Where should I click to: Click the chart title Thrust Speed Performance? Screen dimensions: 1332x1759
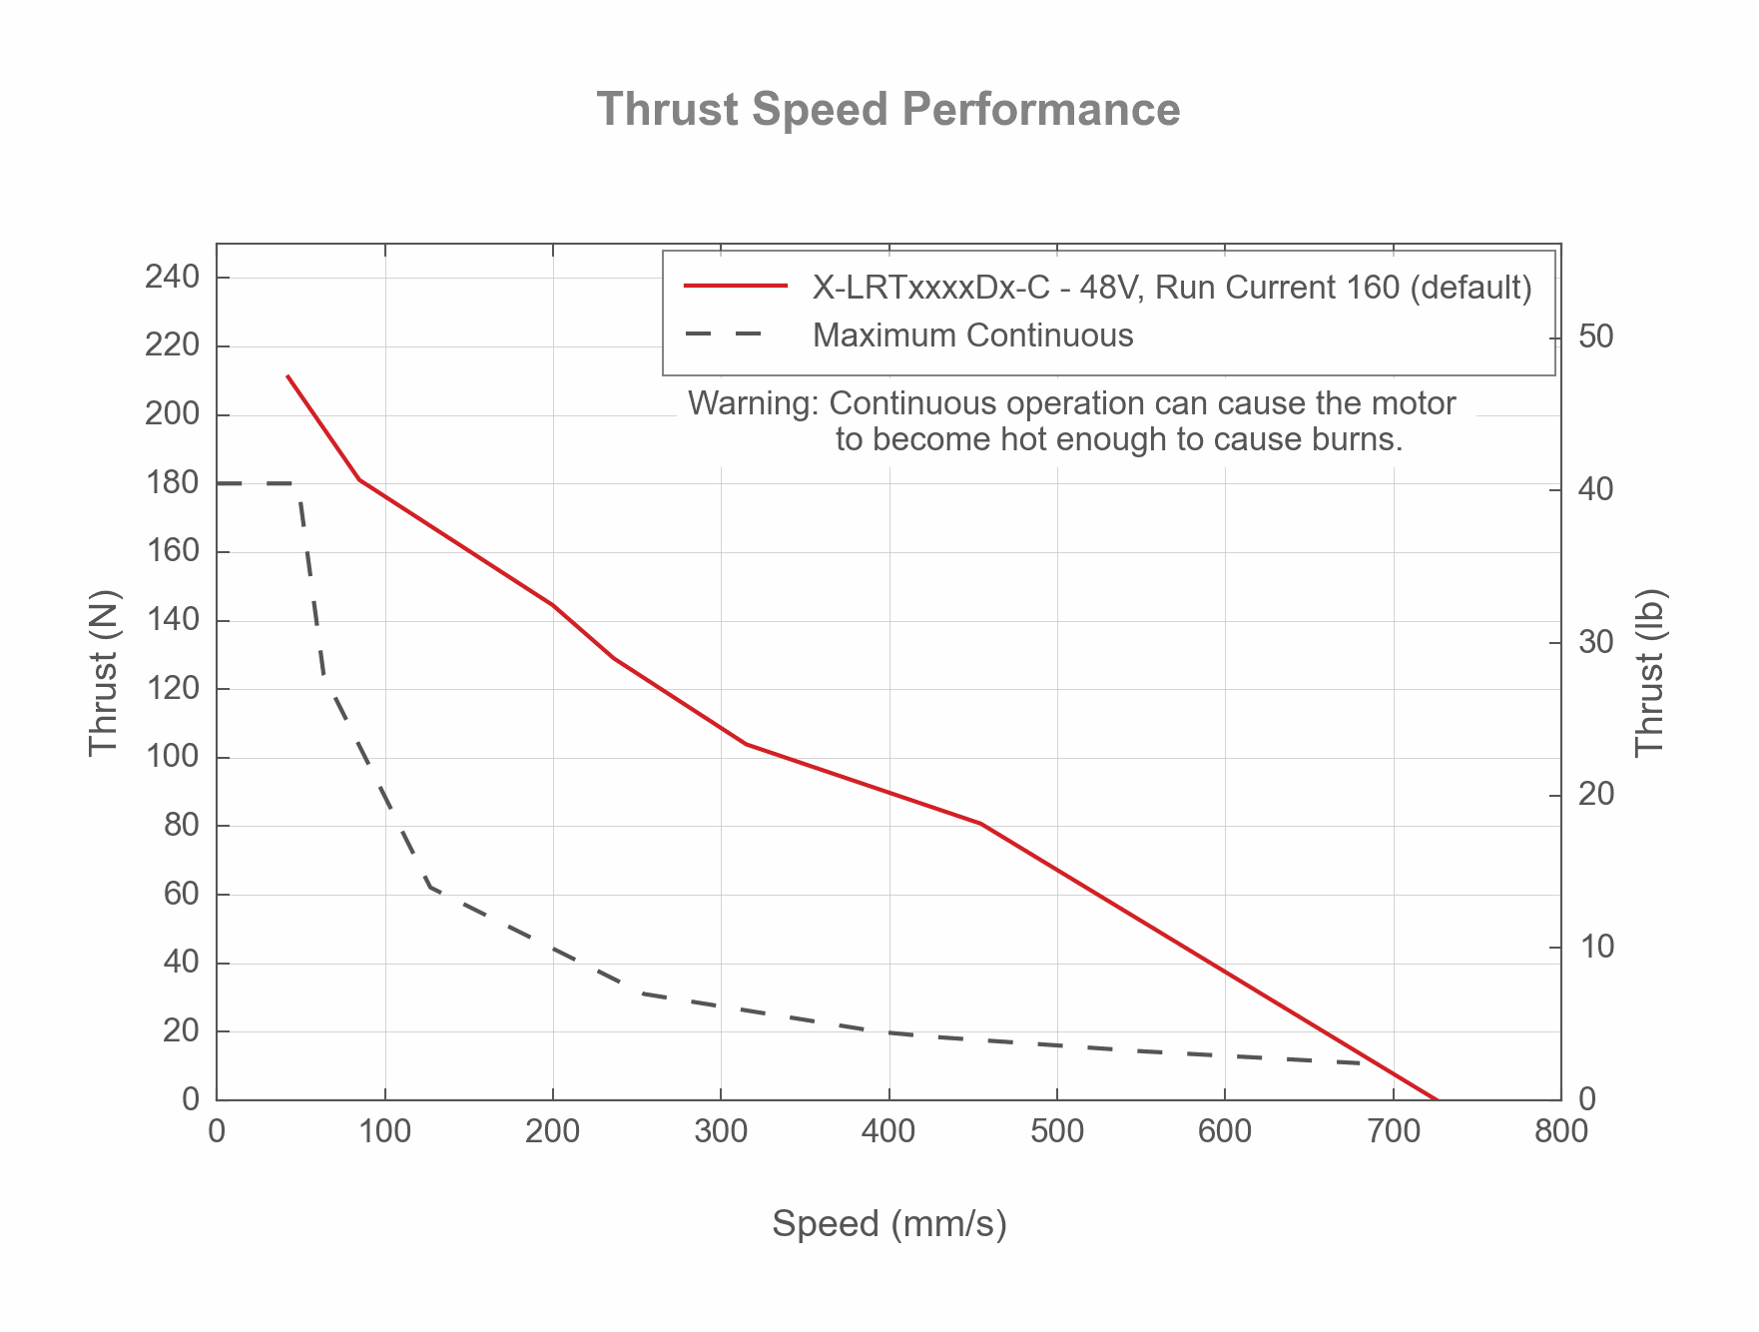[x=887, y=109]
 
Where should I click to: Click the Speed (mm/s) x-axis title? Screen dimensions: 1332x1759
[x=888, y=1223]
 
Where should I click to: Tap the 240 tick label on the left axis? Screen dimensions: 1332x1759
[x=172, y=277]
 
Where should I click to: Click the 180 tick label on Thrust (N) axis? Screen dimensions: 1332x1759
[x=172, y=483]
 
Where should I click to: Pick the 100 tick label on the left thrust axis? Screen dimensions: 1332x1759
[x=172, y=758]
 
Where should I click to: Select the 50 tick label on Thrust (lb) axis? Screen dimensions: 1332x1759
[x=1596, y=336]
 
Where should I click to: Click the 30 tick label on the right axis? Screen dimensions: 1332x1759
[x=1596, y=642]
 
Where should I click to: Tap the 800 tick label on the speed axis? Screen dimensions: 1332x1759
[x=1560, y=1132]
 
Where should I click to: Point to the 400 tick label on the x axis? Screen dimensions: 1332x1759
[x=888, y=1132]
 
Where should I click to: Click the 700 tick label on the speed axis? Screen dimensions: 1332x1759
[x=1393, y=1132]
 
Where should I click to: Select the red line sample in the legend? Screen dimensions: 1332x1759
[x=736, y=288]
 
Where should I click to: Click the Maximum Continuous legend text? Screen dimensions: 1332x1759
[x=972, y=335]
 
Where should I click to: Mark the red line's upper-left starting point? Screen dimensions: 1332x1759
[x=288, y=376]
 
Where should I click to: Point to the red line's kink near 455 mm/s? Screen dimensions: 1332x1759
[x=981, y=824]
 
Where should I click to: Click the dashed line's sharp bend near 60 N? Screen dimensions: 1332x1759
[x=429, y=886]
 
